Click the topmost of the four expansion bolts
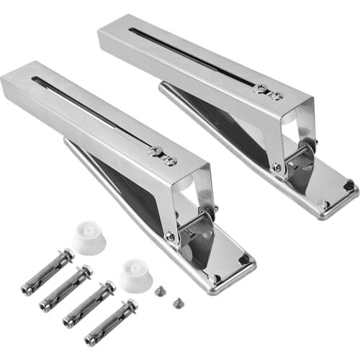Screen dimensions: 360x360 pos(47,272)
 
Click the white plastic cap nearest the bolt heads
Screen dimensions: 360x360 pos(89,238)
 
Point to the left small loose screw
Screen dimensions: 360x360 pos(160,291)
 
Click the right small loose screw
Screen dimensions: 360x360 pos(175,302)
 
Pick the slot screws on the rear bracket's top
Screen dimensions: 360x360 pos(267,91)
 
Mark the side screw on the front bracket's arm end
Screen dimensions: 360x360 pos(170,235)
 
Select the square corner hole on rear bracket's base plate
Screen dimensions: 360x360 pos(349,185)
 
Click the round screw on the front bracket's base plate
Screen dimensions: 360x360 pos(214,277)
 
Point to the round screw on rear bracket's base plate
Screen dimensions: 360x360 pos(324,204)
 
